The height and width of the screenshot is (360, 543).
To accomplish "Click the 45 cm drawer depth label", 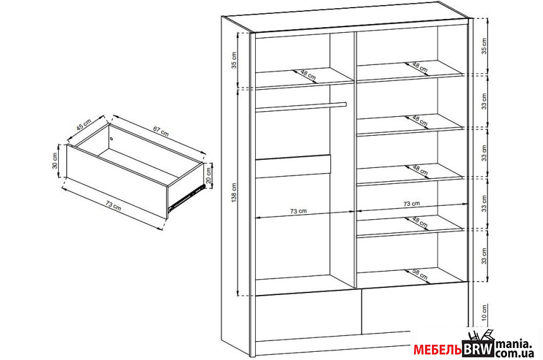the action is [x=84, y=124].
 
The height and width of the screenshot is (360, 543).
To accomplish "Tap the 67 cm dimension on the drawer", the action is [x=160, y=131].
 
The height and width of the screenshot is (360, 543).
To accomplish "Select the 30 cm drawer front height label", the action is [x=55, y=161].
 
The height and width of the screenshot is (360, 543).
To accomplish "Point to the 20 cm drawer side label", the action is [x=208, y=176].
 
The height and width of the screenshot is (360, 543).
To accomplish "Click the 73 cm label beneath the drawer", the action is [x=113, y=206].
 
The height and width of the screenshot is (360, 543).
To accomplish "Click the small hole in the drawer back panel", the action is [x=112, y=138].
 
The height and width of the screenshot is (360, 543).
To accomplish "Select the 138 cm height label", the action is [x=234, y=193].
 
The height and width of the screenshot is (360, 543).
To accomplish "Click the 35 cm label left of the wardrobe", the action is [x=234, y=60].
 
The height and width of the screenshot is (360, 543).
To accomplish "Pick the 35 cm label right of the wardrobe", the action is [x=484, y=45].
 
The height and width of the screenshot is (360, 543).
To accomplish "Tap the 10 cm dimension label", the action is [x=484, y=313].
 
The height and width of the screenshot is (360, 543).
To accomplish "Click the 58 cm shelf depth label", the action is [x=420, y=275].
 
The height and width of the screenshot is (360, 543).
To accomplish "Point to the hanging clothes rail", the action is [x=301, y=107].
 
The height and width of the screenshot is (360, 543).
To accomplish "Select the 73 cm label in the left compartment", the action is [x=298, y=211].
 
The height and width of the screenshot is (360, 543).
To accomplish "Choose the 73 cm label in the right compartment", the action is [x=412, y=204].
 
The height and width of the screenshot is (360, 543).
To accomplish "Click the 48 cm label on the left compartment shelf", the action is [x=308, y=75].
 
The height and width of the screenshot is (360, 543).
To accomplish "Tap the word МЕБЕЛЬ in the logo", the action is [x=438, y=351].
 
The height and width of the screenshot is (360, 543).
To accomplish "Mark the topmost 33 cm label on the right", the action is [x=484, y=101].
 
